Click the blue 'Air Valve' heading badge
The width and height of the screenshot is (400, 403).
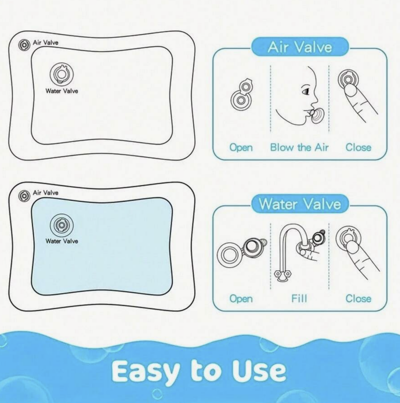(300, 47)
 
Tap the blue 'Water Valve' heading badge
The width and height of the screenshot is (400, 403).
(300, 204)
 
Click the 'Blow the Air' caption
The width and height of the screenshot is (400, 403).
(299, 148)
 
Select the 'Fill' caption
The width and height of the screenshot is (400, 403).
(299, 299)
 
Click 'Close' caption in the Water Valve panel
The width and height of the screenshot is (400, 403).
(358, 299)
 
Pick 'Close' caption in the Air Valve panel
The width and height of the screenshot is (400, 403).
(358, 148)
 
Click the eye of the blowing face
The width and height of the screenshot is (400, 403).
(306, 91)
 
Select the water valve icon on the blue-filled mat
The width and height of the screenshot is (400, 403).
(62, 225)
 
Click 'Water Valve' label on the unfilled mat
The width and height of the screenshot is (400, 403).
(62, 91)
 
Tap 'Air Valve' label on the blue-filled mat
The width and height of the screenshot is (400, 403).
(45, 193)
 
